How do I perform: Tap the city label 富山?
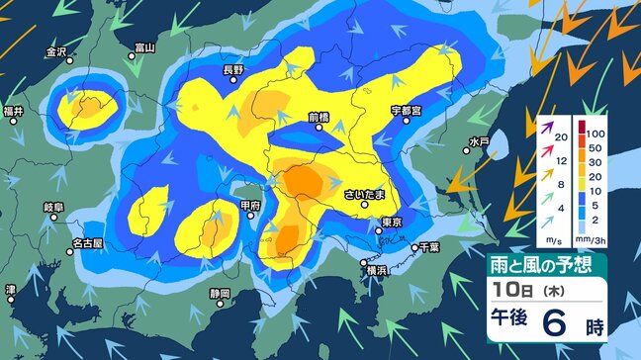(144, 46)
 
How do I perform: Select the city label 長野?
(232, 69)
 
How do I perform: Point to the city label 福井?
(13, 110)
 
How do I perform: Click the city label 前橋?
(318, 116)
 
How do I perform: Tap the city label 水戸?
(479, 141)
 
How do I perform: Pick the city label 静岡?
(220, 294)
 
